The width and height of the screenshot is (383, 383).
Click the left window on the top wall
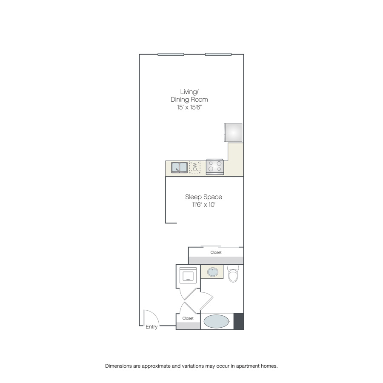coord(171,54)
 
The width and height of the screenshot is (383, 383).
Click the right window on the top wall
coord(218,54)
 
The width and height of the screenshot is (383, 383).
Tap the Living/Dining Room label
coord(189,95)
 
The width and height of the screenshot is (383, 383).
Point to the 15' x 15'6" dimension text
coord(189,107)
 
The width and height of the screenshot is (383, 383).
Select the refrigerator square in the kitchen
coord(233,132)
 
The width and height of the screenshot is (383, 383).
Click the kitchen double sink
coord(179,168)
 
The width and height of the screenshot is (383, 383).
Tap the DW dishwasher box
coord(194,167)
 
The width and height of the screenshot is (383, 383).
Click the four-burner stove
coord(215,166)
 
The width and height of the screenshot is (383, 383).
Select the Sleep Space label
coord(204,197)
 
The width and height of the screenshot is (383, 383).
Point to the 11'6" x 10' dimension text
coord(203,205)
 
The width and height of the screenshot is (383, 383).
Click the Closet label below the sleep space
coord(216,252)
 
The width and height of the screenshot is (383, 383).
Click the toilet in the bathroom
coord(233,274)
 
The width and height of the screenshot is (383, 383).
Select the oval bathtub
coord(217,321)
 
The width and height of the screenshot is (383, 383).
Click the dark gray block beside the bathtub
coord(239,321)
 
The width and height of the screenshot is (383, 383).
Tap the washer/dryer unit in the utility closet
coord(188,275)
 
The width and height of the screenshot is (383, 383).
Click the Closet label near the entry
coord(188,318)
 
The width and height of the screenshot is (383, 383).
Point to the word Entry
coord(151,327)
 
